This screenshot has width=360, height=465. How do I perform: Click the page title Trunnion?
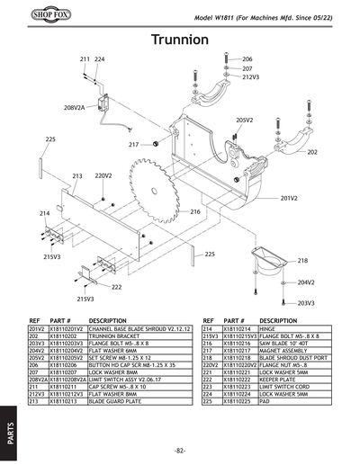[x=181, y=41]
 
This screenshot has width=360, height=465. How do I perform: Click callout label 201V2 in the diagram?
[x=289, y=197]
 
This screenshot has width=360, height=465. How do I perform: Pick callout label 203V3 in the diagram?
[x=306, y=303]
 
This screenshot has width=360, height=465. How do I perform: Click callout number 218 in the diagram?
[x=302, y=261]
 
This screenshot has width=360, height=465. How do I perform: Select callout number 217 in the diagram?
[x=133, y=144]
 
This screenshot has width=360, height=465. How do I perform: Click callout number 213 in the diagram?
[x=77, y=175]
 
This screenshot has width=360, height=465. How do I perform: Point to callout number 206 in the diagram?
[x=247, y=59]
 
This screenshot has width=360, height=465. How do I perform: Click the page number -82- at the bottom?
[x=180, y=450]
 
